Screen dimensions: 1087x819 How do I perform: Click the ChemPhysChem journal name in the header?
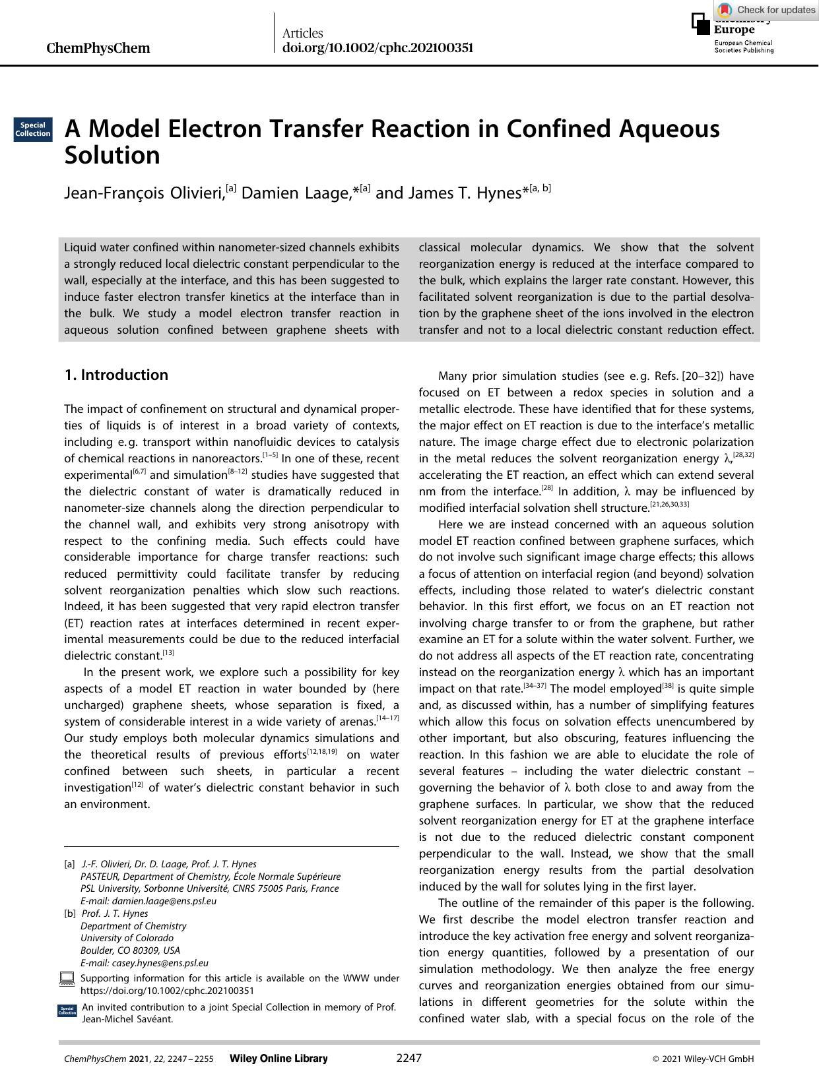[98, 48]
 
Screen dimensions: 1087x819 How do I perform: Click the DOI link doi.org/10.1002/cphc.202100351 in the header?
[377, 48]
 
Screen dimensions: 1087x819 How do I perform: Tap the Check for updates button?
[767, 9]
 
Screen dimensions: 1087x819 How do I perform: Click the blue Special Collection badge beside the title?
[33, 129]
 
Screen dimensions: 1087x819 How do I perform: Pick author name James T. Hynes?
[464, 193]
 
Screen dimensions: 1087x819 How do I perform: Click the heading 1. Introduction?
[116, 375]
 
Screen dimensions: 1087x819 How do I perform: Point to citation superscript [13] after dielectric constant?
[169, 653]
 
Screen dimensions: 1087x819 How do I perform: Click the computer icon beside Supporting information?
[67, 978]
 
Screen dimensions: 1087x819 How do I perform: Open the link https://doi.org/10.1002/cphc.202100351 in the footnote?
[167, 990]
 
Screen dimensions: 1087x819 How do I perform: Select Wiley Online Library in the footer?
[278, 1059]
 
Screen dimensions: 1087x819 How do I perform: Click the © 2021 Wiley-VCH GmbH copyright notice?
[703, 1059]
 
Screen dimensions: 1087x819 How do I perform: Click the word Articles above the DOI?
[302, 33]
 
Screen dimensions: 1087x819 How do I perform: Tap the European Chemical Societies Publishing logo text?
[743, 46]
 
